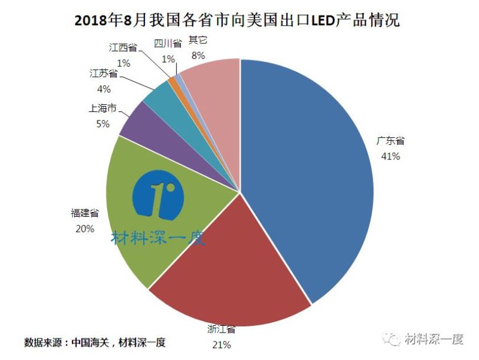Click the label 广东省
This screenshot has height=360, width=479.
pos(390,141)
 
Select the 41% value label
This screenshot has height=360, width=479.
pos(390,156)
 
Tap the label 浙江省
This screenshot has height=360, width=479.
pos(221,329)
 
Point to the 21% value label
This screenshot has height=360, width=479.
pos(221,344)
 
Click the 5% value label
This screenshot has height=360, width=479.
pos(102,124)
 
